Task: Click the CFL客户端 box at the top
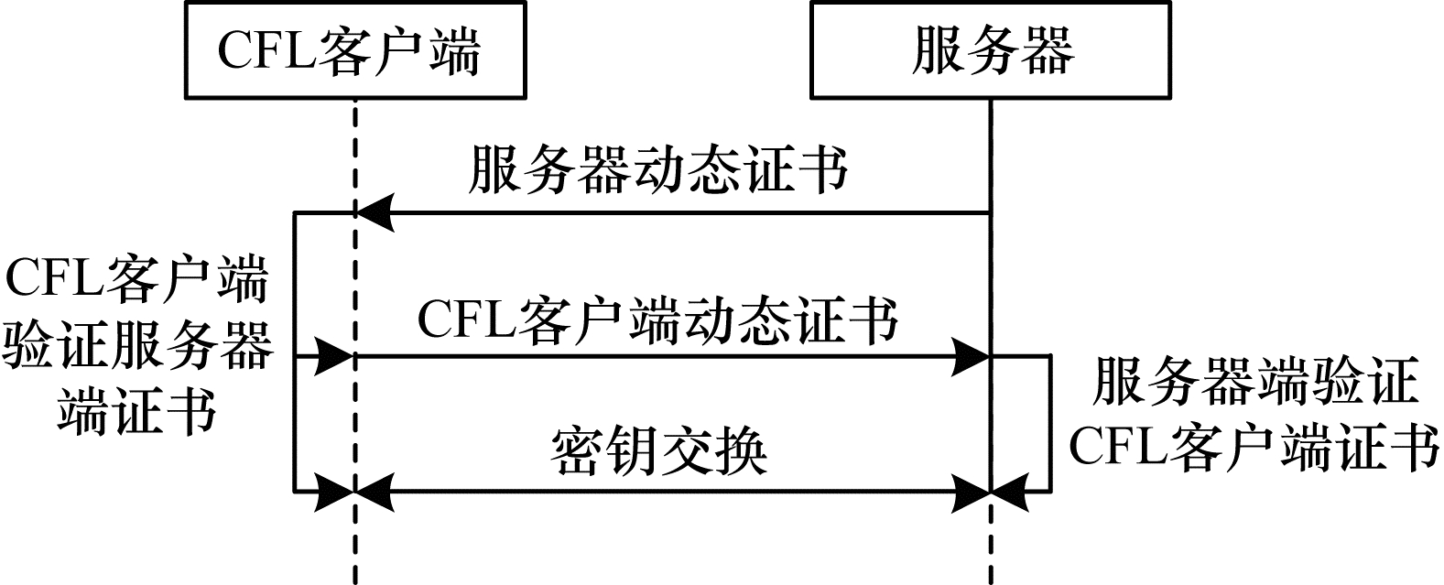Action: tap(355, 49)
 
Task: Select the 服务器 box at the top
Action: tap(992, 49)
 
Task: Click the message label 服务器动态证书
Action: tap(657, 169)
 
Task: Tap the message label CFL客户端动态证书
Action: tap(657, 321)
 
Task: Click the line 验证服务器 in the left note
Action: tap(137, 348)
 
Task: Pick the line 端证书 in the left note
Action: tap(137, 411)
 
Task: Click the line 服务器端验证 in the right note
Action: tap(1254, 382)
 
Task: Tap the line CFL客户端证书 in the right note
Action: tap(1254, 448)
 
